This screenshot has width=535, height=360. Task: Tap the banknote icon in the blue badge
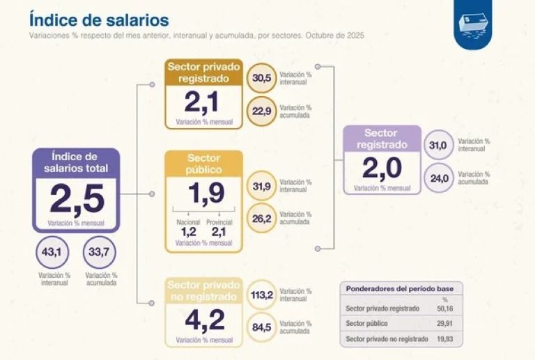473,23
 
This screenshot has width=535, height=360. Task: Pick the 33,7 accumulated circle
99,251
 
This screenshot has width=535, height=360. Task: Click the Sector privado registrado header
204,72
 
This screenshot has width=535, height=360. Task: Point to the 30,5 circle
262,79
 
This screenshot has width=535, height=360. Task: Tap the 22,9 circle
262,111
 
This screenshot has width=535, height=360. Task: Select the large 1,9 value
204,194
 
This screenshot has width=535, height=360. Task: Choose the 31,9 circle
262,186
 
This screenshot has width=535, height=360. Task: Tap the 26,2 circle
262,218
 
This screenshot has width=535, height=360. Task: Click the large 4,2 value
204,321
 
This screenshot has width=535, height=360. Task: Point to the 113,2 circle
262,295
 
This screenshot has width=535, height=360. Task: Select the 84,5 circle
262,327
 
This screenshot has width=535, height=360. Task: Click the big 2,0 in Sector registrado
382,168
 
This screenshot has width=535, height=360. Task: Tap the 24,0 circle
439,178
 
